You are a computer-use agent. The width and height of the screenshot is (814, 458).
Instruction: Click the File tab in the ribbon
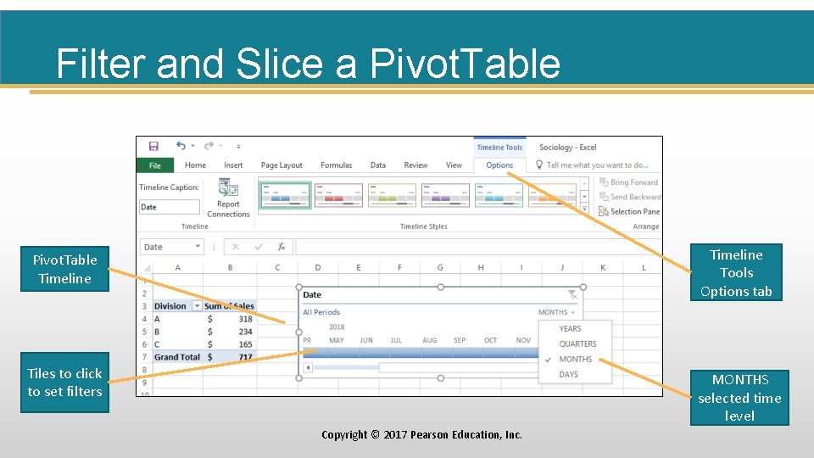154,165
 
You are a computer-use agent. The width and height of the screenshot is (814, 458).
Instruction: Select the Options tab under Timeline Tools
499,165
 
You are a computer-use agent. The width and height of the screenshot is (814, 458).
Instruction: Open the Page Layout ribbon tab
282,165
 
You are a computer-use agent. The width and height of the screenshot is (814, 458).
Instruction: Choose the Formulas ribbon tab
337,165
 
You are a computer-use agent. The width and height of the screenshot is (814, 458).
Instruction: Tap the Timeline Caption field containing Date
170,207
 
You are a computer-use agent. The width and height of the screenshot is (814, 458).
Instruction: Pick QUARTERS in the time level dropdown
577,343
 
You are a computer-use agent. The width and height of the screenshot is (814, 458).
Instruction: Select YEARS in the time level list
570,328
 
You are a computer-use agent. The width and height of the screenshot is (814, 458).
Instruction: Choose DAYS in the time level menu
569,374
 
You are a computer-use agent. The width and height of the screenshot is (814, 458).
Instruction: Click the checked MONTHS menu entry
575,359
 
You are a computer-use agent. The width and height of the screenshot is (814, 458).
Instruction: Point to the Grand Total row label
177,357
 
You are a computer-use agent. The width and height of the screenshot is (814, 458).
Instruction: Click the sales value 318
245,319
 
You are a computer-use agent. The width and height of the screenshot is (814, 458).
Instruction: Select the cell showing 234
245,332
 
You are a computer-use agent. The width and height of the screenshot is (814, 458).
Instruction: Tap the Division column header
170,306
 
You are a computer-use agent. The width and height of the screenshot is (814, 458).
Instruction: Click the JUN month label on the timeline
366,341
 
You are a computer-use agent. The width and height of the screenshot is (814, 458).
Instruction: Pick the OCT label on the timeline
490,341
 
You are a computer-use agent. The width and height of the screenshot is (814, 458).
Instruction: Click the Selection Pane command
634,212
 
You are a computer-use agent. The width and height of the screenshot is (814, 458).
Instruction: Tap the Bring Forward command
633,182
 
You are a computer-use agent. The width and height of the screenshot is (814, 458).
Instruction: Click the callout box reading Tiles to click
64,383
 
